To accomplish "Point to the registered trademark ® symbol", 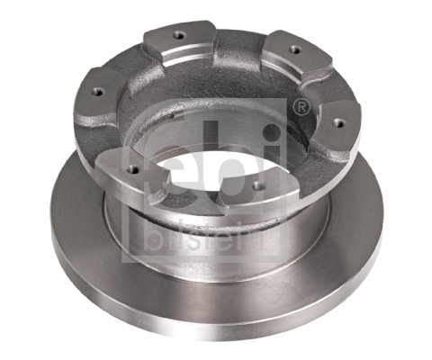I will (x=303, y=109).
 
